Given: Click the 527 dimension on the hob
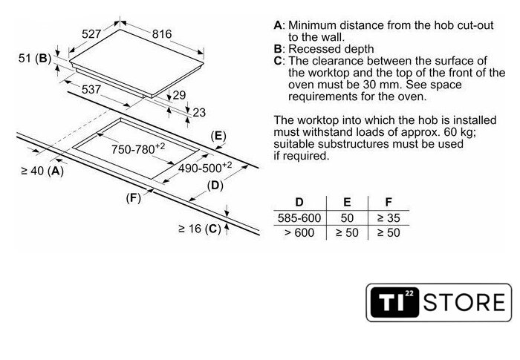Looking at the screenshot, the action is [x=91, y=34].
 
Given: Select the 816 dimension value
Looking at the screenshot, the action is [x=162, y=34].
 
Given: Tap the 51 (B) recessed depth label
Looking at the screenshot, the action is [x=35, y=59].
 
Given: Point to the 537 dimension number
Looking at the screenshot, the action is [x=91, y=89].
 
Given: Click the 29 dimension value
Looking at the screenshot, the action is [x=179, y=95].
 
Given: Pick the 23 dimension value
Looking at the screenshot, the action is [x=199, y=113].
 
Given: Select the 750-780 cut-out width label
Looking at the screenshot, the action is [x=138, y=149].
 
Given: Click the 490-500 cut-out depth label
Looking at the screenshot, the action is [x=205, y=168].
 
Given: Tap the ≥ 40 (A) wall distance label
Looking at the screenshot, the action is [x=42, y=171].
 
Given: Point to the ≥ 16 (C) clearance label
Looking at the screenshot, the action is [x=200, y=229].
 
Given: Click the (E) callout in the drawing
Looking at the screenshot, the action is [x=218, y=137].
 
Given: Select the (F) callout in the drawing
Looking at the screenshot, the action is [x=133, y=198].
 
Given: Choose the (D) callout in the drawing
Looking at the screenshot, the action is [x=215, y=186].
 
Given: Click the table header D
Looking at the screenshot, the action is [x=299, y=202].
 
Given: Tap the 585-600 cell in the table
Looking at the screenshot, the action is [x=299, y=218].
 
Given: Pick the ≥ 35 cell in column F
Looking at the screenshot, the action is [x=389, y=218].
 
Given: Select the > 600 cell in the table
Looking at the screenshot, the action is [x=299, y=233].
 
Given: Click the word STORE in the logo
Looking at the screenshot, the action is [x=464, y=302].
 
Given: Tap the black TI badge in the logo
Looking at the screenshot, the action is [x=394, y=302].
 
